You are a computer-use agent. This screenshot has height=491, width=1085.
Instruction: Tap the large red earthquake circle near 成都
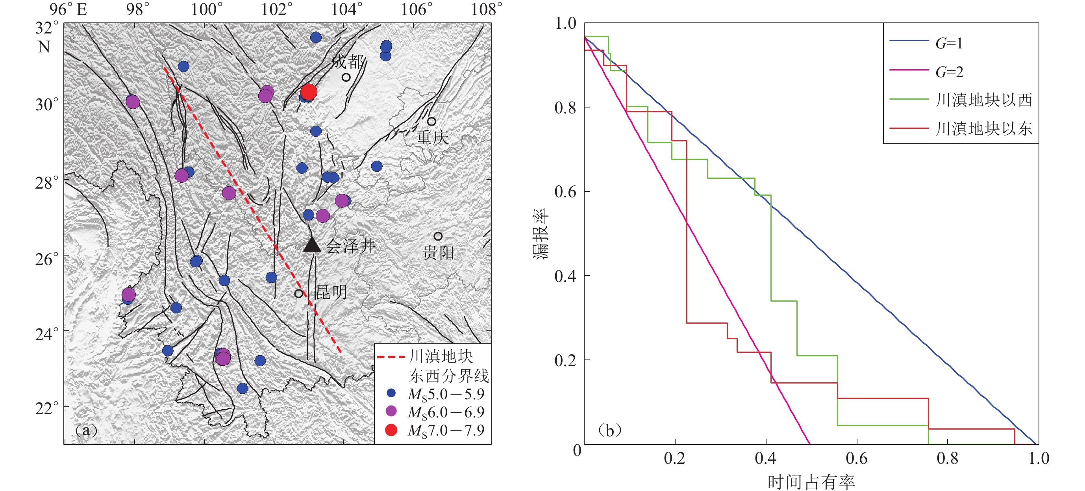point(309,91)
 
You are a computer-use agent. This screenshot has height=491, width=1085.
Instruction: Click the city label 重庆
point(432,137)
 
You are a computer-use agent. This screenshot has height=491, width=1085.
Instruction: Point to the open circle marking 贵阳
point(438,236)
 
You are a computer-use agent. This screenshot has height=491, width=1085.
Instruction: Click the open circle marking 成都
point(346,78)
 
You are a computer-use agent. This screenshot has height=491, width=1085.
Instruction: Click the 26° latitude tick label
point(46,259)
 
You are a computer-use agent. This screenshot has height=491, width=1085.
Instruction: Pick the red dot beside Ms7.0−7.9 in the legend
point(391,430)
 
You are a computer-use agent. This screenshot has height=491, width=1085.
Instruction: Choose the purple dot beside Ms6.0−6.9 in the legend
point(391,411)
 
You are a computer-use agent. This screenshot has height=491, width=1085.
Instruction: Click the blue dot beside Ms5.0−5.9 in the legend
point(391,393)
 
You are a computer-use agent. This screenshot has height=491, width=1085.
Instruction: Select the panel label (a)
point(86,430)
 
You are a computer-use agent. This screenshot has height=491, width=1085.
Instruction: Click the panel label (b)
point(609,430)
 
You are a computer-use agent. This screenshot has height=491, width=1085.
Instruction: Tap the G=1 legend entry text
point(949,43)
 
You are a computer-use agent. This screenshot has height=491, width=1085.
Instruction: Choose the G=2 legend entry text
point(949,72)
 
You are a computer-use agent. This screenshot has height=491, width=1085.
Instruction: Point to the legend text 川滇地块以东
point(983,128)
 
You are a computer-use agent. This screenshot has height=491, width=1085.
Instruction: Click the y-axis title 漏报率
point(541,234)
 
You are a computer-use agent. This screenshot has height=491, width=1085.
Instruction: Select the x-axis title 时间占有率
point(811,482)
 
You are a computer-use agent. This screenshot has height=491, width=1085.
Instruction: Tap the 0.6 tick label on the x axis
point(856,459)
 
